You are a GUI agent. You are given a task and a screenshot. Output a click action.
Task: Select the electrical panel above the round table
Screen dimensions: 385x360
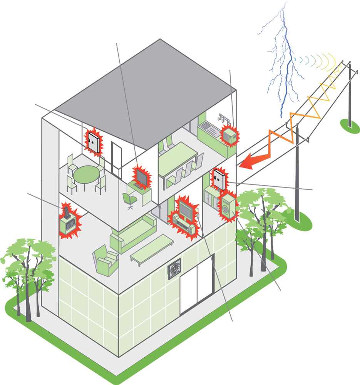click(x=92, y=141)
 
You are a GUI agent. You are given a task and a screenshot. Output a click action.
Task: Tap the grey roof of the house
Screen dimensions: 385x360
click(x=146, y=92)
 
